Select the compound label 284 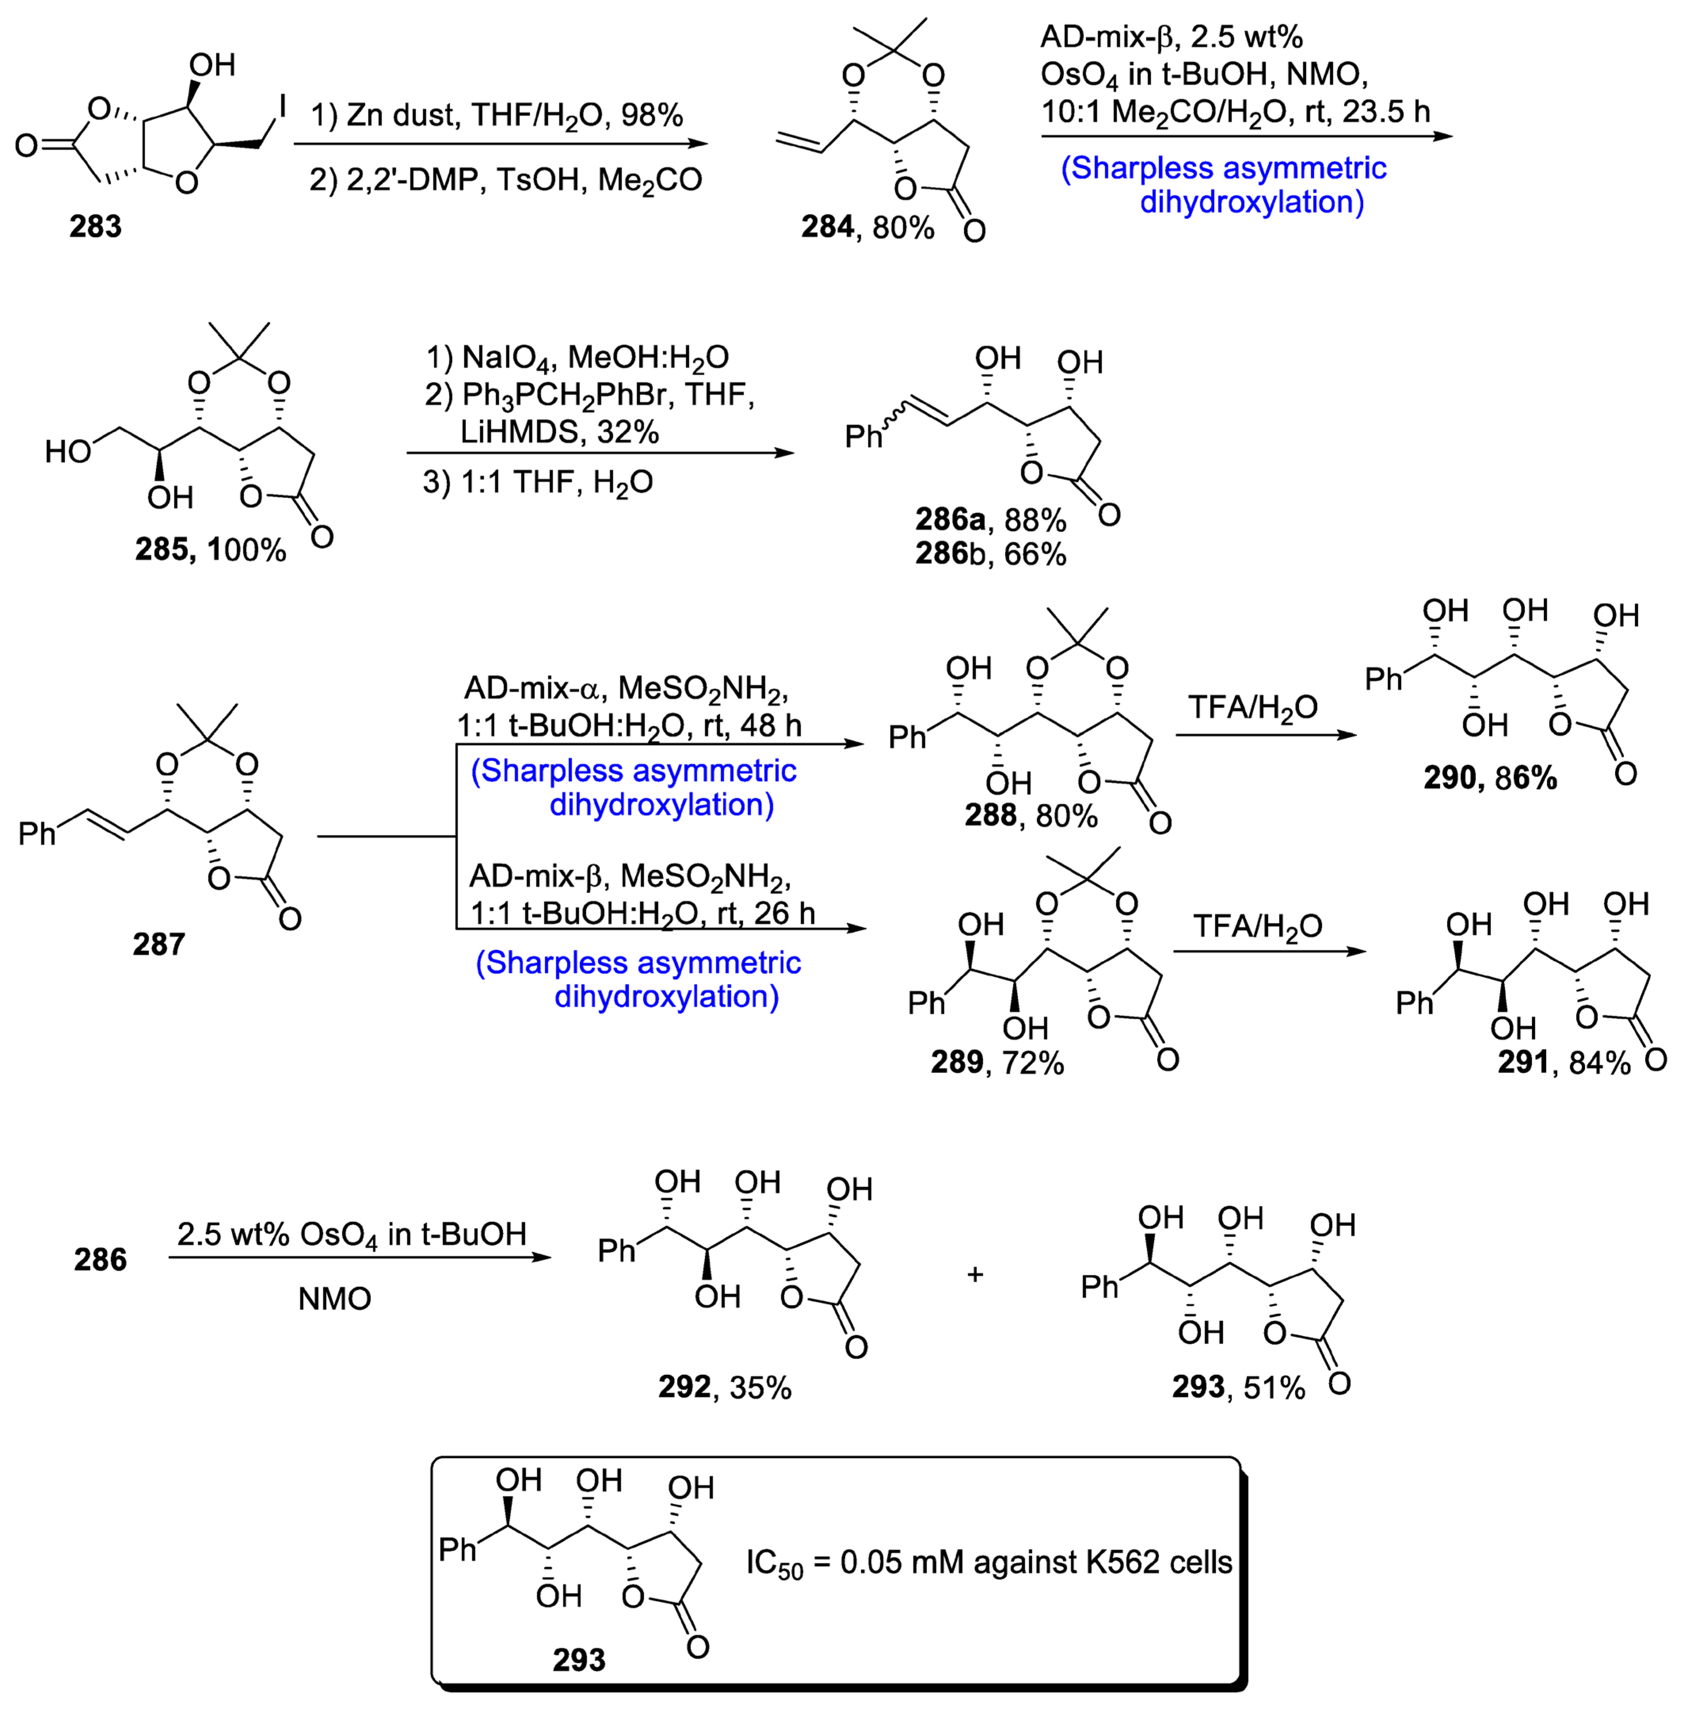[x=827, y=228]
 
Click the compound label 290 [x=1450, y=778]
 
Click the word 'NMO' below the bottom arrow [x=334, y=1299]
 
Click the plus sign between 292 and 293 [x=975, y=1274]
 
